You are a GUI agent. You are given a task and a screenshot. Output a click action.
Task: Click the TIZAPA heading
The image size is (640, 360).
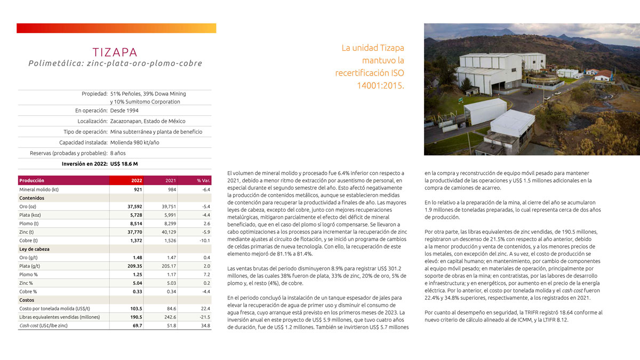[x=115, y=52]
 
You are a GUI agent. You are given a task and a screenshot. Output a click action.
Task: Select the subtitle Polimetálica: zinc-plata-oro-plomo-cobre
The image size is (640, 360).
[x=115, y=63]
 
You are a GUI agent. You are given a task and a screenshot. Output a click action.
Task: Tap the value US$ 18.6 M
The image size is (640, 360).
[x=124, y=164]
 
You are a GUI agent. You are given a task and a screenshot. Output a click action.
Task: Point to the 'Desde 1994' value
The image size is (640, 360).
[x=124, y=110]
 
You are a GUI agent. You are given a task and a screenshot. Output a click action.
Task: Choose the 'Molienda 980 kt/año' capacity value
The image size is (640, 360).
[x=134, y=142]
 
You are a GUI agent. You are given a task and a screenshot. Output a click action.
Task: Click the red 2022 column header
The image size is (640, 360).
[x=137, y=180]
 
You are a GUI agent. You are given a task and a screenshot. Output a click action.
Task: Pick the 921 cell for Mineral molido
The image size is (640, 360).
[x=137, y=189]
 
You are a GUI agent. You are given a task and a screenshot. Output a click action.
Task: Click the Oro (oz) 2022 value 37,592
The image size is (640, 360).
[x=133, y=207]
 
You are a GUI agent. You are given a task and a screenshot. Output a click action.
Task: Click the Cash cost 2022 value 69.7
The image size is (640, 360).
[x=137, y=325]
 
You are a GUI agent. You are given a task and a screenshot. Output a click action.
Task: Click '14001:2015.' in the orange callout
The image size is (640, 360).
[x=380, y=85]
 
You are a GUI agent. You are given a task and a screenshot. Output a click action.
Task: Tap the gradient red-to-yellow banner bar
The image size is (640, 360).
[x=116, y=28]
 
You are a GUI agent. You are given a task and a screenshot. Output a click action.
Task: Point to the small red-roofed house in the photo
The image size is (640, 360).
[x=603, y=75]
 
